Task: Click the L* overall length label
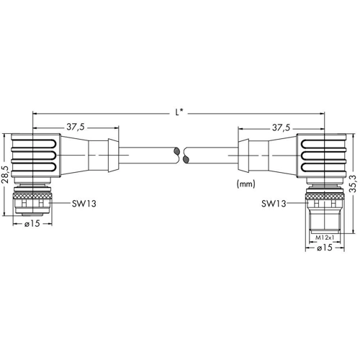point(179,112)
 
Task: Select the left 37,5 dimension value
point(76,127)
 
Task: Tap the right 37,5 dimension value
point(281,127)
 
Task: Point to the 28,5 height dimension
point(6,174)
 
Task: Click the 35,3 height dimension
point(353,184)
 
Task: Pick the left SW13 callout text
point(84,204)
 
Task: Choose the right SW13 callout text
point(274,204)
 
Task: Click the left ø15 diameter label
point(32,224)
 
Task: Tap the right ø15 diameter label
point(325,248)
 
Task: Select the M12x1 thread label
point(325,238)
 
